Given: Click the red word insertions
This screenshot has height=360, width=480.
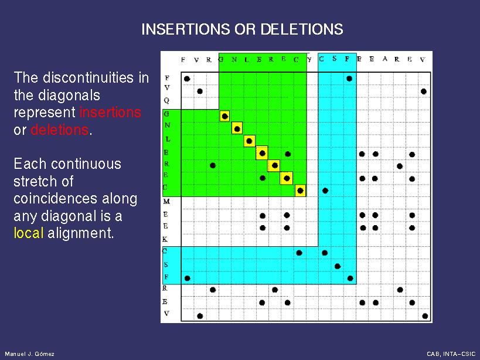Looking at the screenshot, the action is (x=110, y=113).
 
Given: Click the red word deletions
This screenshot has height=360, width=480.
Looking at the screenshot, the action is (x=59, y=130).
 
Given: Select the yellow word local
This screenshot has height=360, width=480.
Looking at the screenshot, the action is (x=28, y=233).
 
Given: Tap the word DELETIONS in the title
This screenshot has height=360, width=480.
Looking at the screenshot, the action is (x=302, y=29).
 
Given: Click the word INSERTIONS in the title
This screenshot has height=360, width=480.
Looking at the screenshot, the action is (x=186, y=29).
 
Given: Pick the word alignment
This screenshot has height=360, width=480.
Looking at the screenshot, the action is (x=80, y=233).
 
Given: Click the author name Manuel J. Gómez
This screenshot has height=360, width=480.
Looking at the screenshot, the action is (x=30, y=354).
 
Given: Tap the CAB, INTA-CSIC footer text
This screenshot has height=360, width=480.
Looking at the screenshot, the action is (x=451, y=354).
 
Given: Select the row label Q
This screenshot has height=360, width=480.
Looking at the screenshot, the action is (x=166, y=101).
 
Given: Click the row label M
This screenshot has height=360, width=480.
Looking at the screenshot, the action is (x=166, y=202).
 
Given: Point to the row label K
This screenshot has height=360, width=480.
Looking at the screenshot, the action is (x=165, y=239).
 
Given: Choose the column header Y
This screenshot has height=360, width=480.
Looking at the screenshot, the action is (x=309, y=59).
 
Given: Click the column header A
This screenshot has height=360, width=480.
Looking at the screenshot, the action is (x=385, y=59).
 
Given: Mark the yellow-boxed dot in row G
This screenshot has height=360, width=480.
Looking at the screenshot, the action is (x=224, y=116).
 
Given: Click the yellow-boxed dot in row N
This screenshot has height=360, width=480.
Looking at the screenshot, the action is (x=237, y=129).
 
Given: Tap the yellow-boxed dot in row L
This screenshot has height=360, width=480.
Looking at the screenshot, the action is (x=249, y=141).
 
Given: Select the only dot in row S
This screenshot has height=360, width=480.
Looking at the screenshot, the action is (x=338, y=266).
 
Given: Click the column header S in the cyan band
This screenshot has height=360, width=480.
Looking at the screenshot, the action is (x=334, y=59).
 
